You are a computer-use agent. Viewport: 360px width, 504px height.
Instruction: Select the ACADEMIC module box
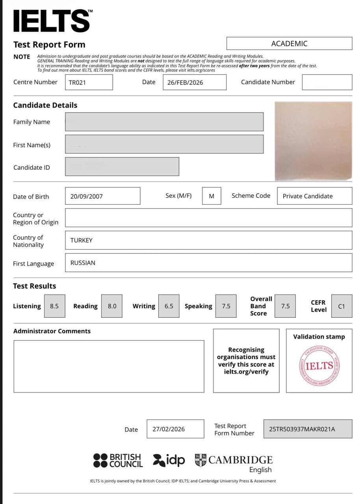click(289, 43)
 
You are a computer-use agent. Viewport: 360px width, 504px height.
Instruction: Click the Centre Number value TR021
click(78, 82)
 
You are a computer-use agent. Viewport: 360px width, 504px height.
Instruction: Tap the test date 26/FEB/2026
click(185, 82)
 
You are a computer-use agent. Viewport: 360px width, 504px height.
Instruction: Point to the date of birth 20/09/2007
click(87, 196)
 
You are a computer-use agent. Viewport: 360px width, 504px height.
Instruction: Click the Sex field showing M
click(212, 196)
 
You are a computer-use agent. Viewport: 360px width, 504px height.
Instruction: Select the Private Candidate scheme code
click(308, 196)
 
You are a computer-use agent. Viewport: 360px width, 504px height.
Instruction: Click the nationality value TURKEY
click(82, 240)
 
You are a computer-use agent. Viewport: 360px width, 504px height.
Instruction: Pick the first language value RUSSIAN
click(83, 263)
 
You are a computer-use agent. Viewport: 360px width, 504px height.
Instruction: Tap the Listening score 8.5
click(54, 306)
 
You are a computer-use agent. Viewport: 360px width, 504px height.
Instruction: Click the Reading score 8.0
click(112, 306)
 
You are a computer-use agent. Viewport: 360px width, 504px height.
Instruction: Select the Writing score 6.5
click(169, 306)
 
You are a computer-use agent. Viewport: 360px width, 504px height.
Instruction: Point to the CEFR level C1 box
click(341, 306)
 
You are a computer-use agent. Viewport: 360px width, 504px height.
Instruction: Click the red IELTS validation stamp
click(319, 365)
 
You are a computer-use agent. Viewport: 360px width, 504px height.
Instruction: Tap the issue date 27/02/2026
click(169, 429)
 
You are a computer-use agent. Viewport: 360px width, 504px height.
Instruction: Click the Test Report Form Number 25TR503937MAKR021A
click(302, 429)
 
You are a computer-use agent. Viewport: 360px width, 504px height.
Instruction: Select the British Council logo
click(118, 460)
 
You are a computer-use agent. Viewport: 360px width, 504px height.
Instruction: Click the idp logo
click(169, 460)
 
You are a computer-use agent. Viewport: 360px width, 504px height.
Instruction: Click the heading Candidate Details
click(45, 105)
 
